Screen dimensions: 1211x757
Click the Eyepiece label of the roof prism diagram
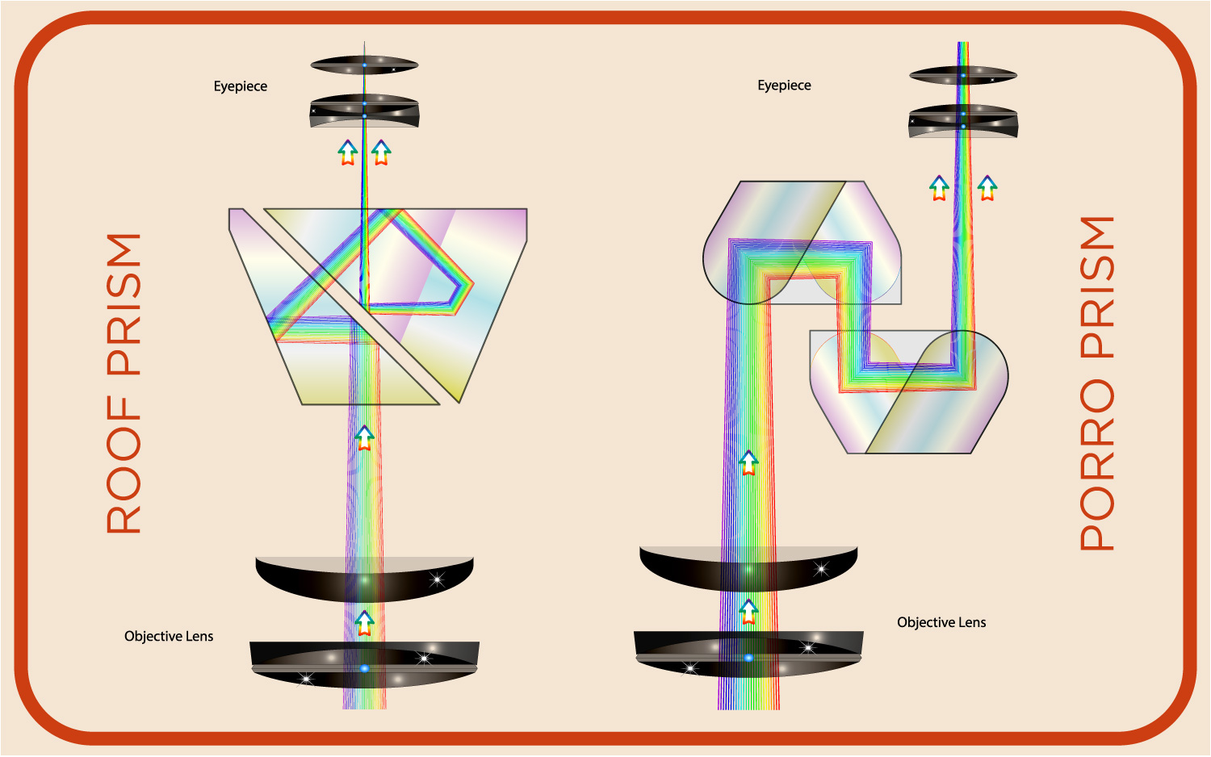tap(240, 86)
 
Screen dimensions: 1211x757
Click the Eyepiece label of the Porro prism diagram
tap(784, 86)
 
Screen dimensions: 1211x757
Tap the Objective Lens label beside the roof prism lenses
tap(169, 636)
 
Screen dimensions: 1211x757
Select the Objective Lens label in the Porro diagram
tap(941, 622)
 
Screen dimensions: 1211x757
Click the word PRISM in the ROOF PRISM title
tap(124, 304)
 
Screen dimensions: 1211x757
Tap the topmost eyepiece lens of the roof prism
tap(364, 65)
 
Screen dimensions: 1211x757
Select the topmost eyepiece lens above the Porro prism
tap(963, 75)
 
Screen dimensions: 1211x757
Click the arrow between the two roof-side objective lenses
tap(365, 623)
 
